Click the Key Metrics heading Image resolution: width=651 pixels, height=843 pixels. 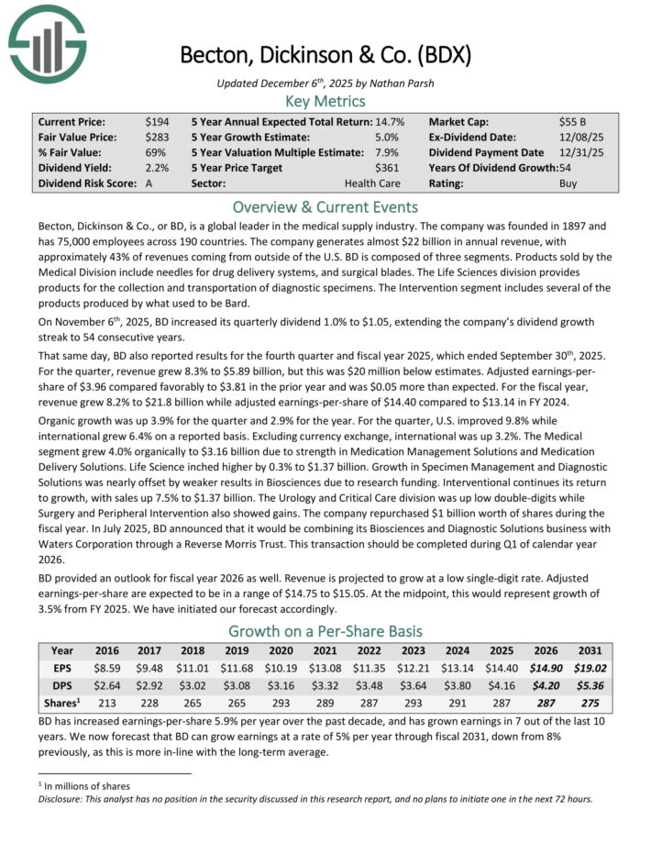point(325,100)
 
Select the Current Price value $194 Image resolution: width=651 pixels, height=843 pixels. point(157,121)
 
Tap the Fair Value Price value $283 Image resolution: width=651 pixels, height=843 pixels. point(157,137)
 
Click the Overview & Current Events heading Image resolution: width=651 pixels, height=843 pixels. point(325,206)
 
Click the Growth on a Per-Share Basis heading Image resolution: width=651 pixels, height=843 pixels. point(325,631)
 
